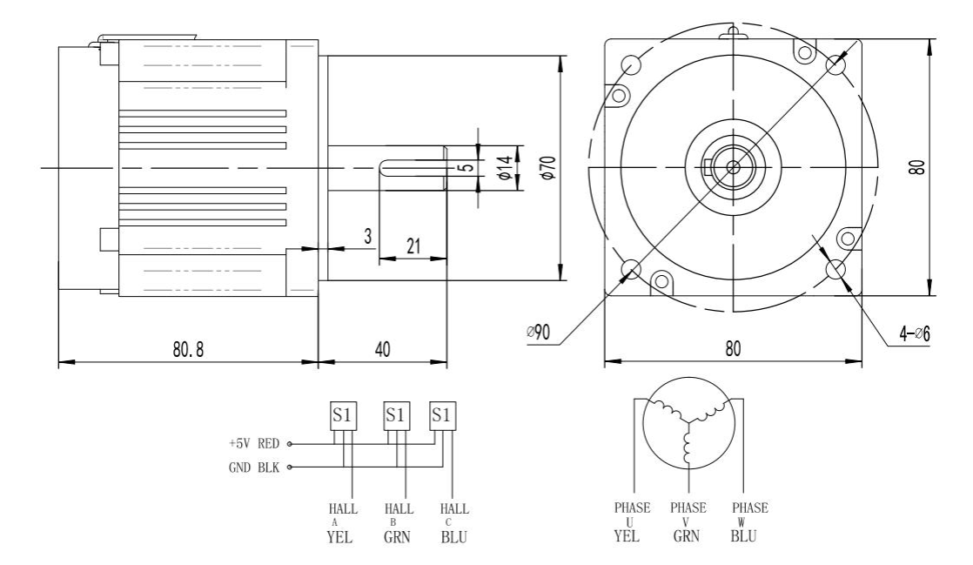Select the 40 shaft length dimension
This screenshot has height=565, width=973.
click(382, 350)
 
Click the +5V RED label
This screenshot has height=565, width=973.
click(255, 442)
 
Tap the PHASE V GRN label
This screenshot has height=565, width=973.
click(688, 521)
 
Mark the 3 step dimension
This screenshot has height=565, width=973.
click(368, 237)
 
